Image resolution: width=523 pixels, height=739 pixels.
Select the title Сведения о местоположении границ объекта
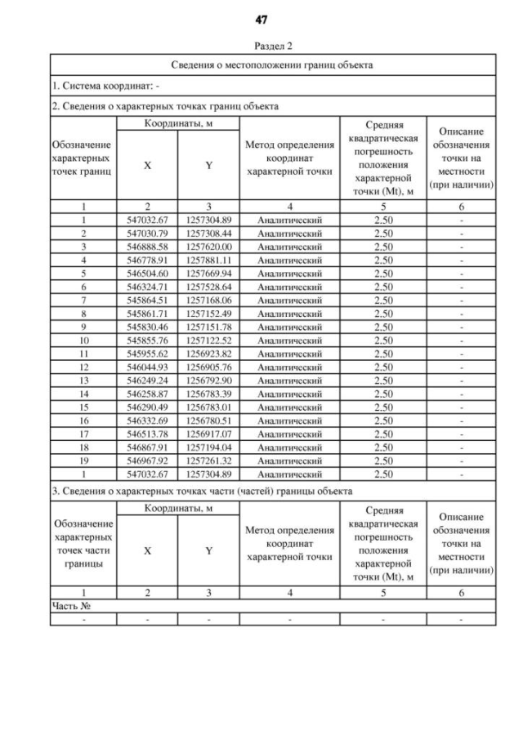[272, 65]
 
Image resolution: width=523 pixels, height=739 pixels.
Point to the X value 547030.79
[147, 233]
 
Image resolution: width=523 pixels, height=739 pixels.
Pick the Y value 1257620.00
[209, 246]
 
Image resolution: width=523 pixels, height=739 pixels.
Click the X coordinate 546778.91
[147, 259]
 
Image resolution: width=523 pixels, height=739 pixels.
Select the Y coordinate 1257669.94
[209, 272]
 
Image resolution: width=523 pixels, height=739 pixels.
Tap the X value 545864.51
[147, 299]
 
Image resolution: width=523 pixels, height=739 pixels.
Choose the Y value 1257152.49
[209, 312]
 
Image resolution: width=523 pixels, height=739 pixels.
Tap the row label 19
[83, 459]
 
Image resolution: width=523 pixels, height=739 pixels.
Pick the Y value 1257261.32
[209, 459]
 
